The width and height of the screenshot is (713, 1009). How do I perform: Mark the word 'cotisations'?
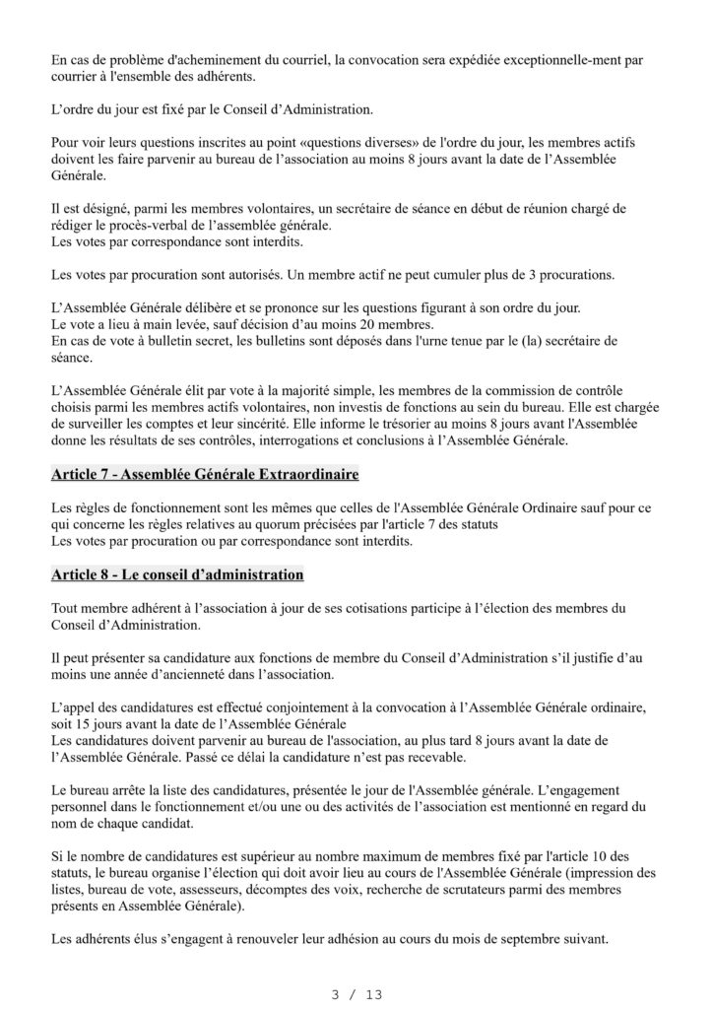352,608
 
